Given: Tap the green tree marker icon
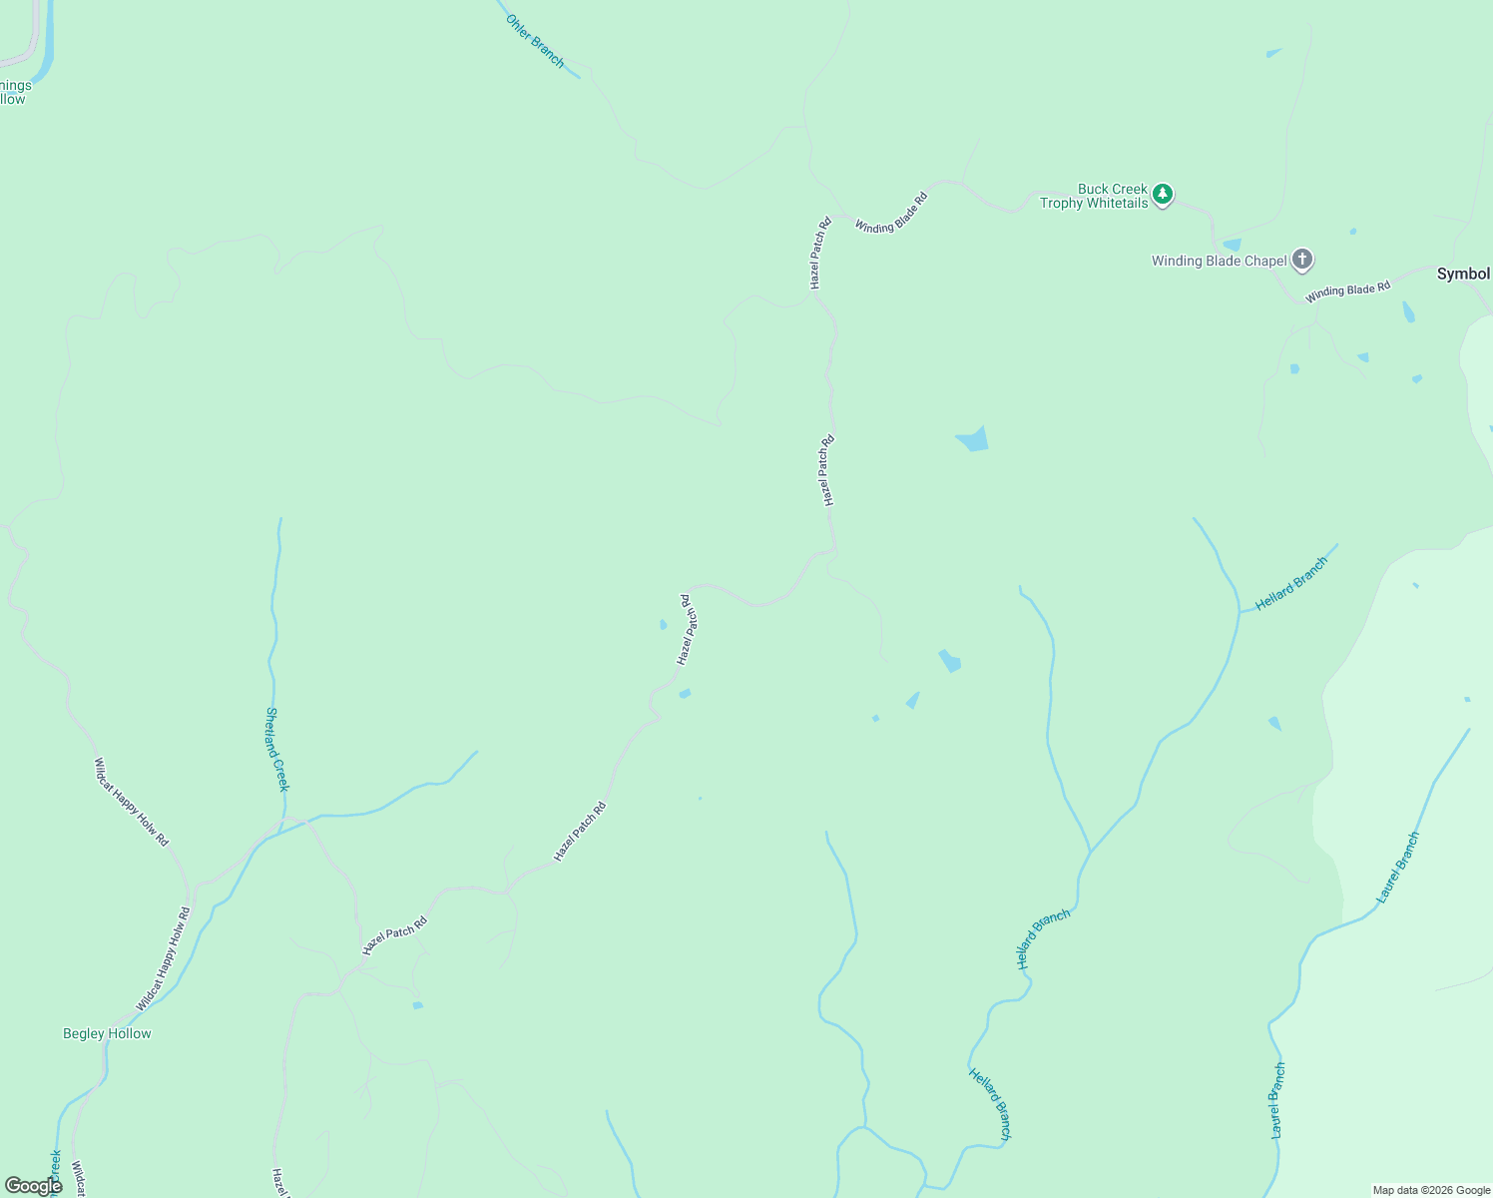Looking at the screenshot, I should pos(1162,194).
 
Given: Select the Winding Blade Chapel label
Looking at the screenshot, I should pos(1219,261).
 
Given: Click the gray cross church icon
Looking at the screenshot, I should pos(1301,260).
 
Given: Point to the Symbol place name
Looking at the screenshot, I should pos(1463,274).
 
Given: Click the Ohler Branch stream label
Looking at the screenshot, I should pos(535,41).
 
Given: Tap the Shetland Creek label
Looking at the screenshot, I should pos(276,749).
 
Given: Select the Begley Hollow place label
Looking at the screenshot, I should pos(107,1033).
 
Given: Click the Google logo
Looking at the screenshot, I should pos(33,1186).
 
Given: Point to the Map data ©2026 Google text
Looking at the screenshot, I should pos(1431,1190).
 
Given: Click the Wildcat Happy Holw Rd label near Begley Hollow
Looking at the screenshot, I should pos(163,958).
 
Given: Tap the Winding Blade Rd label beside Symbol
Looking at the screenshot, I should pos(1347,291).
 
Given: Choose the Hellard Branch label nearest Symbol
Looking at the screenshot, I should pos(1291,584).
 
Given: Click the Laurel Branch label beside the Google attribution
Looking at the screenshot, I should pos(1278,1100).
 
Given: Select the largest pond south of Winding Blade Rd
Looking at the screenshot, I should pos(972,438).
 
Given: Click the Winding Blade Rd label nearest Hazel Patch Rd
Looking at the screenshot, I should pos(891,213).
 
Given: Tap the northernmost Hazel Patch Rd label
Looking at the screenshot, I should pos(819,254).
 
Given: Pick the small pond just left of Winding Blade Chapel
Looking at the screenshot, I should pos(1232,245).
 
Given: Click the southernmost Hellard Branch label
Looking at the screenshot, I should pos(990,1103).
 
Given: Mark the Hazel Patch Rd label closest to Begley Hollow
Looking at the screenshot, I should pos(394,935).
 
